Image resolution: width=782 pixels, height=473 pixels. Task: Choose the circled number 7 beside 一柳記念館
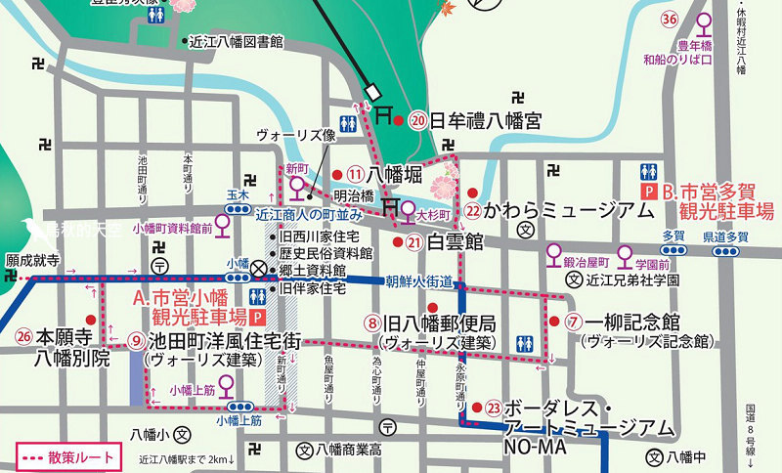click(573, 321)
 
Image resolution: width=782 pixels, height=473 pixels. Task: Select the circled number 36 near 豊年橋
click(671, 20)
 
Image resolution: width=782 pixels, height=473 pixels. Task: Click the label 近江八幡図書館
click(239, 42)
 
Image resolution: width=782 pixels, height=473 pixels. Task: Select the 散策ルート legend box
click(66, 456)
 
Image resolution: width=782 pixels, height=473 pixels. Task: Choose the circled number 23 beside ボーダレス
click(494, 408)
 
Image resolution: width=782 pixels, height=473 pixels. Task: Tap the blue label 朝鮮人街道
click(418, 281)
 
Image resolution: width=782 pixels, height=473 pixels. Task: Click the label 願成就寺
click(33, 261)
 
